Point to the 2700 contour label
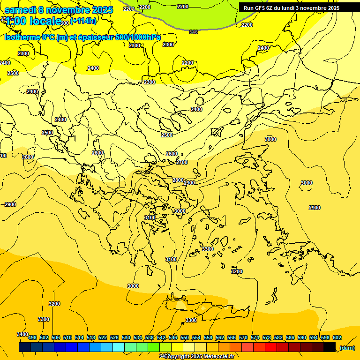tap(182, 162)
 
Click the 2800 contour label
tap(178, 180)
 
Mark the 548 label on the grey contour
tap(194, 32)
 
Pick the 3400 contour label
tap(22, 334)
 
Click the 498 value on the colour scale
tap(32, 337)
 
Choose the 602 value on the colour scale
tap(337, 337)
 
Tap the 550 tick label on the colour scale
tap(185, 337)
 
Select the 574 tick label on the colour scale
tap(255, 337)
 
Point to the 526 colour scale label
tap(114, 337)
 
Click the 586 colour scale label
tap(290, 337)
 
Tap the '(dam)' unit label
tap(347, 348)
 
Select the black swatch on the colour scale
tap(330, 347)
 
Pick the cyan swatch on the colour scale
tap(119, 347)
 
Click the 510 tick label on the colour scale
tap(67, 337)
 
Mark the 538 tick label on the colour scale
tap(150, 337)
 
